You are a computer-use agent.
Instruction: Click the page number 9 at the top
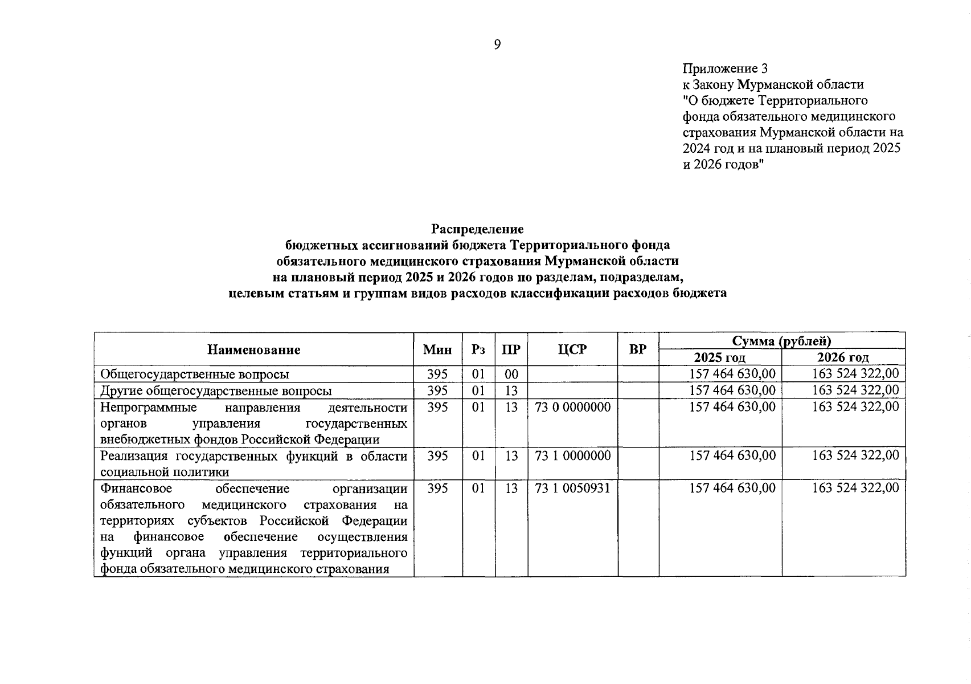tap(497, 45)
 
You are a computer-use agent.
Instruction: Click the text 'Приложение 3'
tap(725, 69)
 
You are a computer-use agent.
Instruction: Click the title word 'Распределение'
tap(477, 229)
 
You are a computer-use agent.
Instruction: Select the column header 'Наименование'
tap(253, 350)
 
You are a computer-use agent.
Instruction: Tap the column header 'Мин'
tap(437, 350)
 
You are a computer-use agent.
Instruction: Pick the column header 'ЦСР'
tap(572, 350)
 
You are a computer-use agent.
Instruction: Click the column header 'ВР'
tap(638, 350)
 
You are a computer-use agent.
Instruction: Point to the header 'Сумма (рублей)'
tap(781, 341)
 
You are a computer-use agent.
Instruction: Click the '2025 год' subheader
tap(719, 358)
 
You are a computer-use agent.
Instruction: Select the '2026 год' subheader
tap(843, 358)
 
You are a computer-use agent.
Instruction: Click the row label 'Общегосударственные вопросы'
tap(195, 374)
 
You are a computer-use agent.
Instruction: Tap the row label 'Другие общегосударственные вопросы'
tap(216, 391)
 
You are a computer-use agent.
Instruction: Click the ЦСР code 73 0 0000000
tap(572, 408)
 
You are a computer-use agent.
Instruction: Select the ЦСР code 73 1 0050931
tap(572, 488)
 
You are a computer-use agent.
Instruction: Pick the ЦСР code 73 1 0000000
tap(572, 456)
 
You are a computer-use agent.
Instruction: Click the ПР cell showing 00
tap(511, 374)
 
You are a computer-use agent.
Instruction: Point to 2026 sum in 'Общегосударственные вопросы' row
tap(855, 374)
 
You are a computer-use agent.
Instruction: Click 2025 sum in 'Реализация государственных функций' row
tap(732, 456)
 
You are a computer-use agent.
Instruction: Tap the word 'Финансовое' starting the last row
tap(136, 489)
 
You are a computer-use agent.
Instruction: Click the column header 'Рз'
tap(478, 350)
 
